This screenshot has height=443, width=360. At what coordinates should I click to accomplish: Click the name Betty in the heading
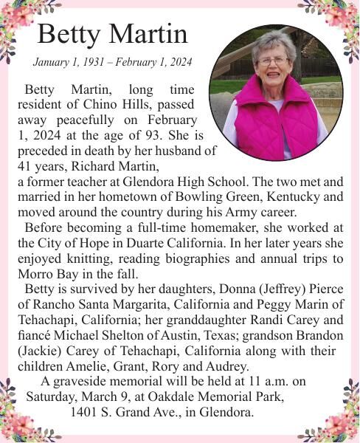71,34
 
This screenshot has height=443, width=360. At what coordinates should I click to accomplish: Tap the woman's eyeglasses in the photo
274,61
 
